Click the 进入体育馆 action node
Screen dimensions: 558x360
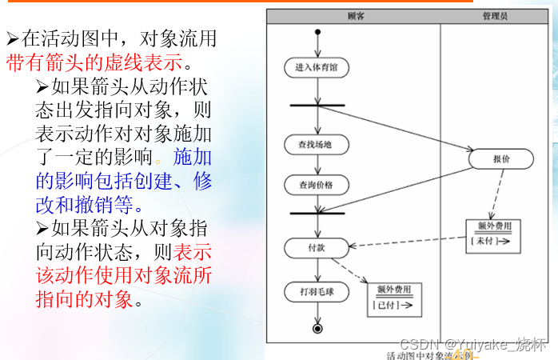tap(317, 68)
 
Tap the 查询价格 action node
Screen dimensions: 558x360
tap(316, 185)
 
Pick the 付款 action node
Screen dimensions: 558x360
tap(317, 248)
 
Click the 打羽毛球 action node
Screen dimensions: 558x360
tap(317, 291)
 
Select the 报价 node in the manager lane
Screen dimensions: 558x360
tap(501, 159)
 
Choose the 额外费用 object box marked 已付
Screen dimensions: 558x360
tap(394, 300)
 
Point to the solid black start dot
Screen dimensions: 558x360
tap(317, 33)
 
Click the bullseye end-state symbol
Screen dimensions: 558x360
tap(317, 328)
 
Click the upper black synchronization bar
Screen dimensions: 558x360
tap(317, 105)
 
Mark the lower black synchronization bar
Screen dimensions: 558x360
tap(317, 213)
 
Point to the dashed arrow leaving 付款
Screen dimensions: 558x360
tap(352, 268)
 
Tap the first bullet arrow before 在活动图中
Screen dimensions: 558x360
tap(12, 38)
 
